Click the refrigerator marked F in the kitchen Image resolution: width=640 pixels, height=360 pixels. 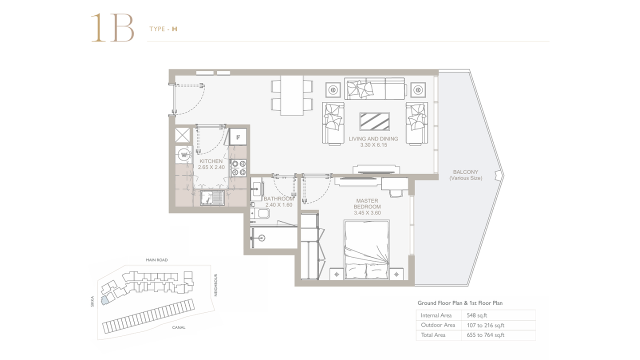point(238,137)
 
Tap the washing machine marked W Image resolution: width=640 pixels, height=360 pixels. point(184,155)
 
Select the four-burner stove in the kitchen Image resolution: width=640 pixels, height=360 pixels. point(239,168)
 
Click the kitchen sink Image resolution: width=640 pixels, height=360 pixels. point(212,197)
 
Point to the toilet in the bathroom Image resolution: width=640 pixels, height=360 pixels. point(260,213)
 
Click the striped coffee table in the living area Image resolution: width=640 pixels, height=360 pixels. point(374,121)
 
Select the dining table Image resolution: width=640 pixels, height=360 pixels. point(291,95)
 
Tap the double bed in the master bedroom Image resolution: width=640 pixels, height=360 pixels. point(366,249)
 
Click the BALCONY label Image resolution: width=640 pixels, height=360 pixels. point(465,172)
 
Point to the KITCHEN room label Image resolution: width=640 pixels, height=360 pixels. point(211,161)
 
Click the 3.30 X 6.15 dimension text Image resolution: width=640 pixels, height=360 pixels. point(373,145)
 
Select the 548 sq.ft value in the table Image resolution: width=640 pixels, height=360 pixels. point(477,315)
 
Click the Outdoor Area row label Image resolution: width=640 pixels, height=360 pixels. point(438,325)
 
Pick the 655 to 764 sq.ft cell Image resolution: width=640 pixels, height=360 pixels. point(485,335)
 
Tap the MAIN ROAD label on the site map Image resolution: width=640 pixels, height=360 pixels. point(157,260)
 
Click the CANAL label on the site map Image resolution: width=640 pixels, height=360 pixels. point(178,327)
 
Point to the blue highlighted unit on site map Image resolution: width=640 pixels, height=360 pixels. point(104,300)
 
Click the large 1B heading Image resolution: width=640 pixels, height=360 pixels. point(112,28)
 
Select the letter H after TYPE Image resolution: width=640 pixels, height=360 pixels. point(174,29)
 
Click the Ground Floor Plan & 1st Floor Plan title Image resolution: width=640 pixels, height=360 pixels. point(460,303)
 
